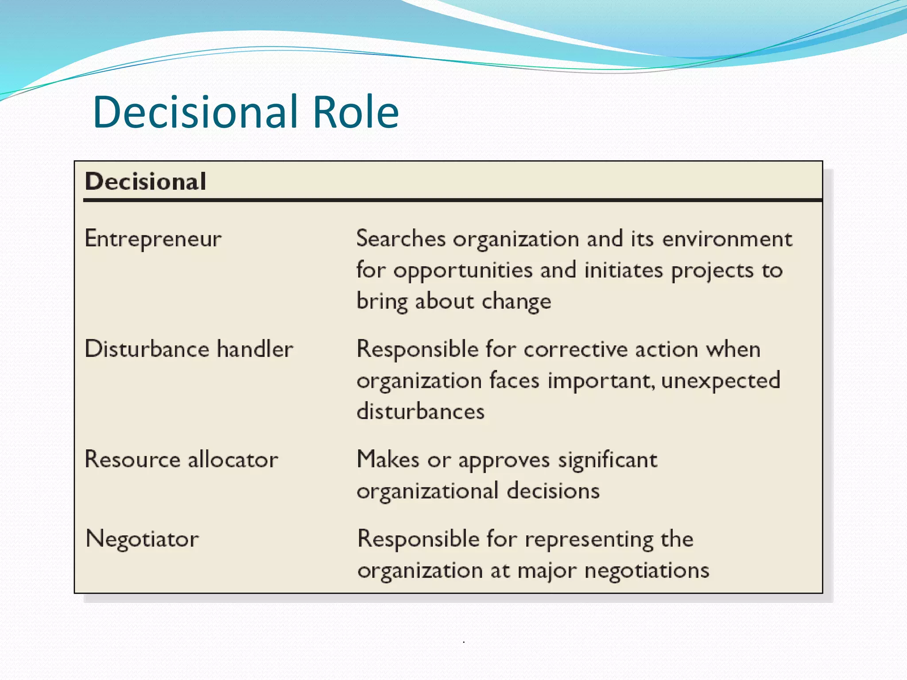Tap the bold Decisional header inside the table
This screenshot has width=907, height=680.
(x=146, y=182)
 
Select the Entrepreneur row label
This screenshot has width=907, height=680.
(x=153, y=240)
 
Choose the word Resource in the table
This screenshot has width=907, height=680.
(x=132, y=460)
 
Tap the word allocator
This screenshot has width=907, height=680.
(x=233, y=460)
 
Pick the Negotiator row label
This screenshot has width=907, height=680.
(x=142, y=539)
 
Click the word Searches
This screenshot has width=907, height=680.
(x=401, y=239)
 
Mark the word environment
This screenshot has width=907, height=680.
(x=727, y=239)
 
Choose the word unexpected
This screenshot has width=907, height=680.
(x=721, y=381)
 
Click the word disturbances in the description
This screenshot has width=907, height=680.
(x=421, y=412)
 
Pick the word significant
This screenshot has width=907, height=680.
(x=608, y=460)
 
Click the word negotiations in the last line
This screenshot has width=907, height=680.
(x=647, y=571)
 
